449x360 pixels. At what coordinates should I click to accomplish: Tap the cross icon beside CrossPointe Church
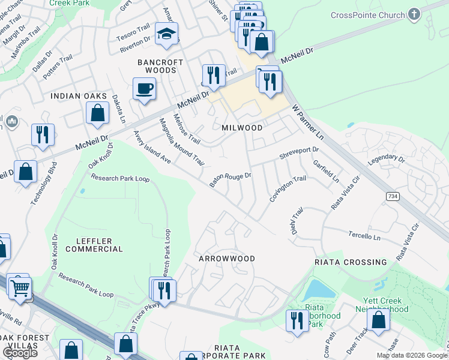[x=414, y=14]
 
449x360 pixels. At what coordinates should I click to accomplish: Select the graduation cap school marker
[x=166, y=34]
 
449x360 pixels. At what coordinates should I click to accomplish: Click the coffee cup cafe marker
[x=144, y=89]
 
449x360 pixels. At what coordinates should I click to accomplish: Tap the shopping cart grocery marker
[x=20, y=288]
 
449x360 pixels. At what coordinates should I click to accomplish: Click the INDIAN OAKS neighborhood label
[x=78, y=96]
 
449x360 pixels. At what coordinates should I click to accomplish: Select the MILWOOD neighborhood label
[x=242, y=128]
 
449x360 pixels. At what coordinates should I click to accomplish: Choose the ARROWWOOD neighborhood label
[x=228, y=259]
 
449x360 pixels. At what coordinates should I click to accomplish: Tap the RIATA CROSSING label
[x=351, y=262]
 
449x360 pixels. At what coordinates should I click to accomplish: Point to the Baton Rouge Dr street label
[x=229, y=180]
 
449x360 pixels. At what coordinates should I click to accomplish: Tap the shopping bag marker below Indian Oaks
[x=97, y=113]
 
